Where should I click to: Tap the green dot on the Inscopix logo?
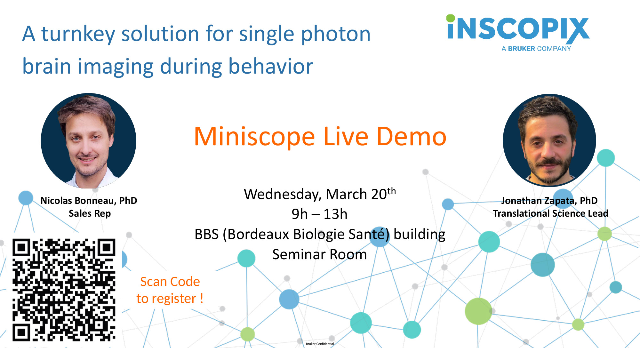(x=451, y=18)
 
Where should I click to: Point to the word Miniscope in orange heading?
(x=255, y=137)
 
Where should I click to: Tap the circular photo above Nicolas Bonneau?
(x=89, y=141)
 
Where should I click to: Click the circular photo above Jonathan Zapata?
(x=549, y=140)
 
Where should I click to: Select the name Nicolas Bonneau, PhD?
(x=89, y=201)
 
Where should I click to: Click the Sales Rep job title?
(x=90, y=213)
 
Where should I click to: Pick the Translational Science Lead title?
(x=550, y=213)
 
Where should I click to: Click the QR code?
(x=64, y=290)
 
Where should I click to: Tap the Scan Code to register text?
(x=170, y=290)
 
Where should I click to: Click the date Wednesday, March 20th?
(x=320, y=194)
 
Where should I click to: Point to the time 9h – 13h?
(x=319, y=214)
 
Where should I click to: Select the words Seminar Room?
(x=319, y=254)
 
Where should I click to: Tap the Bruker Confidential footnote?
(x=320, y=344)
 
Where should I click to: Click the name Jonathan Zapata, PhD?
(x=549, y=201)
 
